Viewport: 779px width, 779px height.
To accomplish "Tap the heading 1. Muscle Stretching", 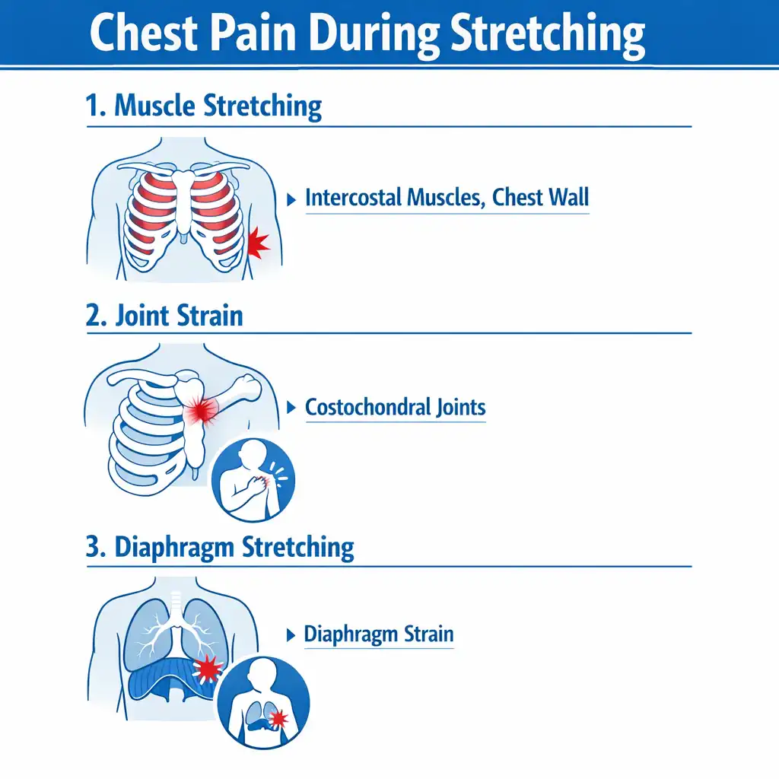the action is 204,106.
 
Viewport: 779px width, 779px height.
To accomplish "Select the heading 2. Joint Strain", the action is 164,316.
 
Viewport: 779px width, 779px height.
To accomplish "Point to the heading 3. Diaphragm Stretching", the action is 220,548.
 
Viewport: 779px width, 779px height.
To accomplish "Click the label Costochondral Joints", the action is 396,408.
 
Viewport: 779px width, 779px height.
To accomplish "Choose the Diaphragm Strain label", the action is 379,634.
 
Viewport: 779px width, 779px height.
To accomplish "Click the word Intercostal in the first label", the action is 355,197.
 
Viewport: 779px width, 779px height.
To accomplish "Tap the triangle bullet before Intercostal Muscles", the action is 291,200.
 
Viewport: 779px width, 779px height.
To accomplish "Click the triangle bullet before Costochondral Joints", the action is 291,408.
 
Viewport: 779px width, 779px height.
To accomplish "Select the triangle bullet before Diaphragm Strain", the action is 291,635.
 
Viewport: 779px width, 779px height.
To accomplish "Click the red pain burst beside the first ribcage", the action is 258,243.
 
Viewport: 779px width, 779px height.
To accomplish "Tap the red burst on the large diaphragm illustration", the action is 207,669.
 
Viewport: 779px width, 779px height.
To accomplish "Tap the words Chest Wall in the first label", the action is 541,197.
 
